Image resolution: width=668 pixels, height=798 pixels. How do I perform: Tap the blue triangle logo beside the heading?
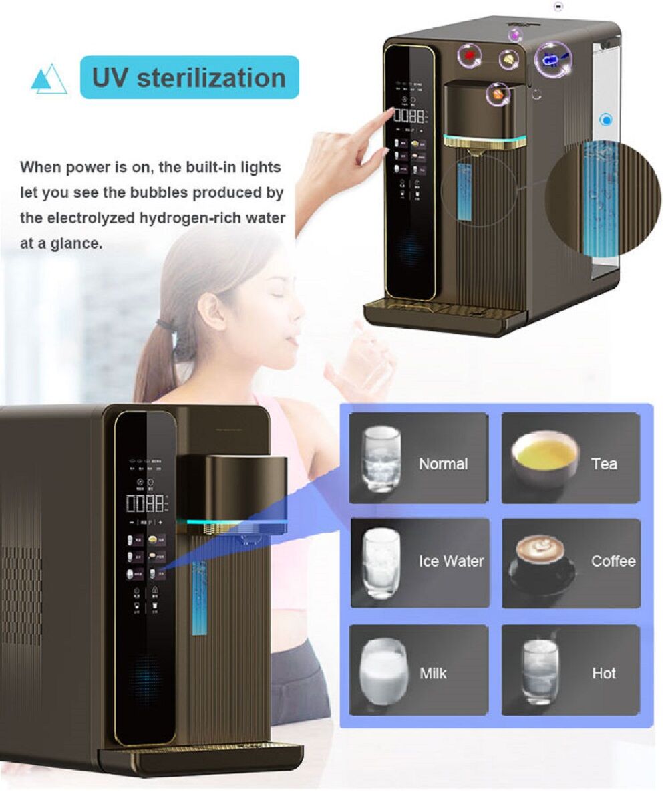pos(49,80)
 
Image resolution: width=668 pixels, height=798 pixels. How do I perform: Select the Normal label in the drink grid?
pos(443,464)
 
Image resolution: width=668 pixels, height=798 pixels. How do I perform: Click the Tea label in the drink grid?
pos(603,464)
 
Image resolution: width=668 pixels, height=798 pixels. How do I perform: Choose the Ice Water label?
pos(452,561)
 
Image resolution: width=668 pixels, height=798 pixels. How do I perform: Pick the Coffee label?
pos(613,561)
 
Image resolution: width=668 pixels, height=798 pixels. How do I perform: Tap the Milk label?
pos(433,673)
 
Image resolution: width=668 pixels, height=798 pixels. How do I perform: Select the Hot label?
pos(603,673)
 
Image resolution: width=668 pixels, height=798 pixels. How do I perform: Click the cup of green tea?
pos(545,456)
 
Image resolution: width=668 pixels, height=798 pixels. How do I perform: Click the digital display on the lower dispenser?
pos(145,503)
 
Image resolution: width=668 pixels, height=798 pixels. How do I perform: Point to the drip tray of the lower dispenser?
pos(200,759)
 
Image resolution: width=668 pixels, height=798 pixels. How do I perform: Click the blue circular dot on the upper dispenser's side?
pos(606,120)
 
